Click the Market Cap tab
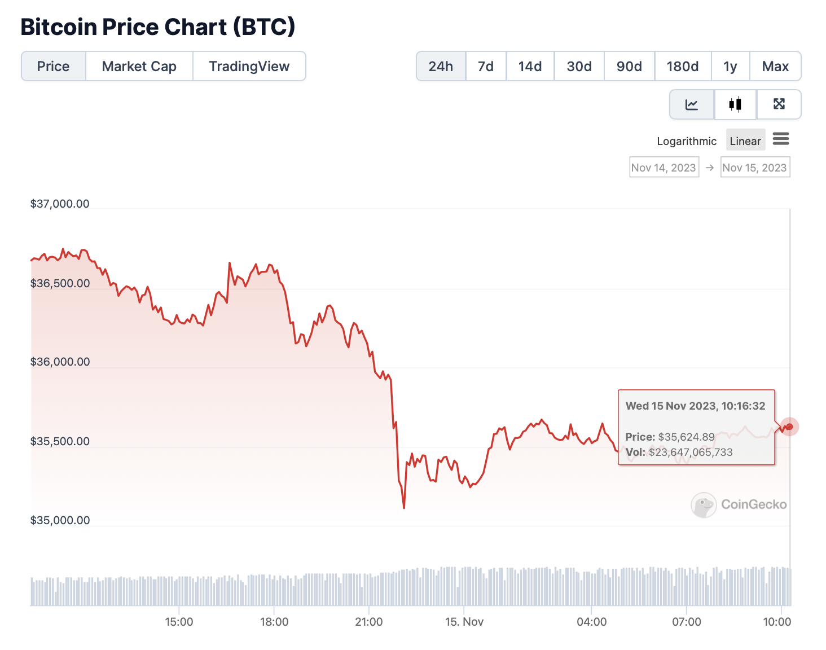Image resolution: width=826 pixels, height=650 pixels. click(x=139, y=67)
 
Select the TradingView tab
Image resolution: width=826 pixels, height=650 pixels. click(x=249, y=67)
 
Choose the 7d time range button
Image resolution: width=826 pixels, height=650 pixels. click(x=485, y=67)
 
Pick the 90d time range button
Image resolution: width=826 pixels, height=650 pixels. click(x=629, y=67)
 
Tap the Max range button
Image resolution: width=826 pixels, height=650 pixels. click(x=775, y=67)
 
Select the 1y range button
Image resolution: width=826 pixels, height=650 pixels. click(x=730, y=67)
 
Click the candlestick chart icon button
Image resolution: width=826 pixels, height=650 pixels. click(x=735, y=104)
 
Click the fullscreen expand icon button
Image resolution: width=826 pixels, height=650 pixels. click(x=779, y=104)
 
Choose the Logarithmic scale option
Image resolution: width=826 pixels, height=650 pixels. click(x=686, y=141)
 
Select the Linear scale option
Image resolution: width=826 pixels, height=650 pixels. click(x=745, y=141)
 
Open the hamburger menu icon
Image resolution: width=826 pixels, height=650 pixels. click(x=781, y=139)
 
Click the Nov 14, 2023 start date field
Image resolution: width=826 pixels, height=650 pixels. click(x=664, y=168)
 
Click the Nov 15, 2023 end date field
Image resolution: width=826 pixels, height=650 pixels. click(x=754, y=168)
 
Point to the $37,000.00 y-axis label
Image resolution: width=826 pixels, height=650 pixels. click(x=60, y=204)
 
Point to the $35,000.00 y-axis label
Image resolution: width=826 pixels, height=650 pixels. click(x=60, y=520)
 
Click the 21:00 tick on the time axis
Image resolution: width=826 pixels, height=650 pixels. click(x=368, y=622)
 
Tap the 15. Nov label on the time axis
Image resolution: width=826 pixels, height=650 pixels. click(x=464, y=622)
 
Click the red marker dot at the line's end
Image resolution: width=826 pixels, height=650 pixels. click(x=789, y=427)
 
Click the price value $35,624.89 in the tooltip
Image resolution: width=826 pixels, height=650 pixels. click(x=686, y=437)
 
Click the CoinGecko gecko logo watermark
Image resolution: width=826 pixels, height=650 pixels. click(x=704, y=505)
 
